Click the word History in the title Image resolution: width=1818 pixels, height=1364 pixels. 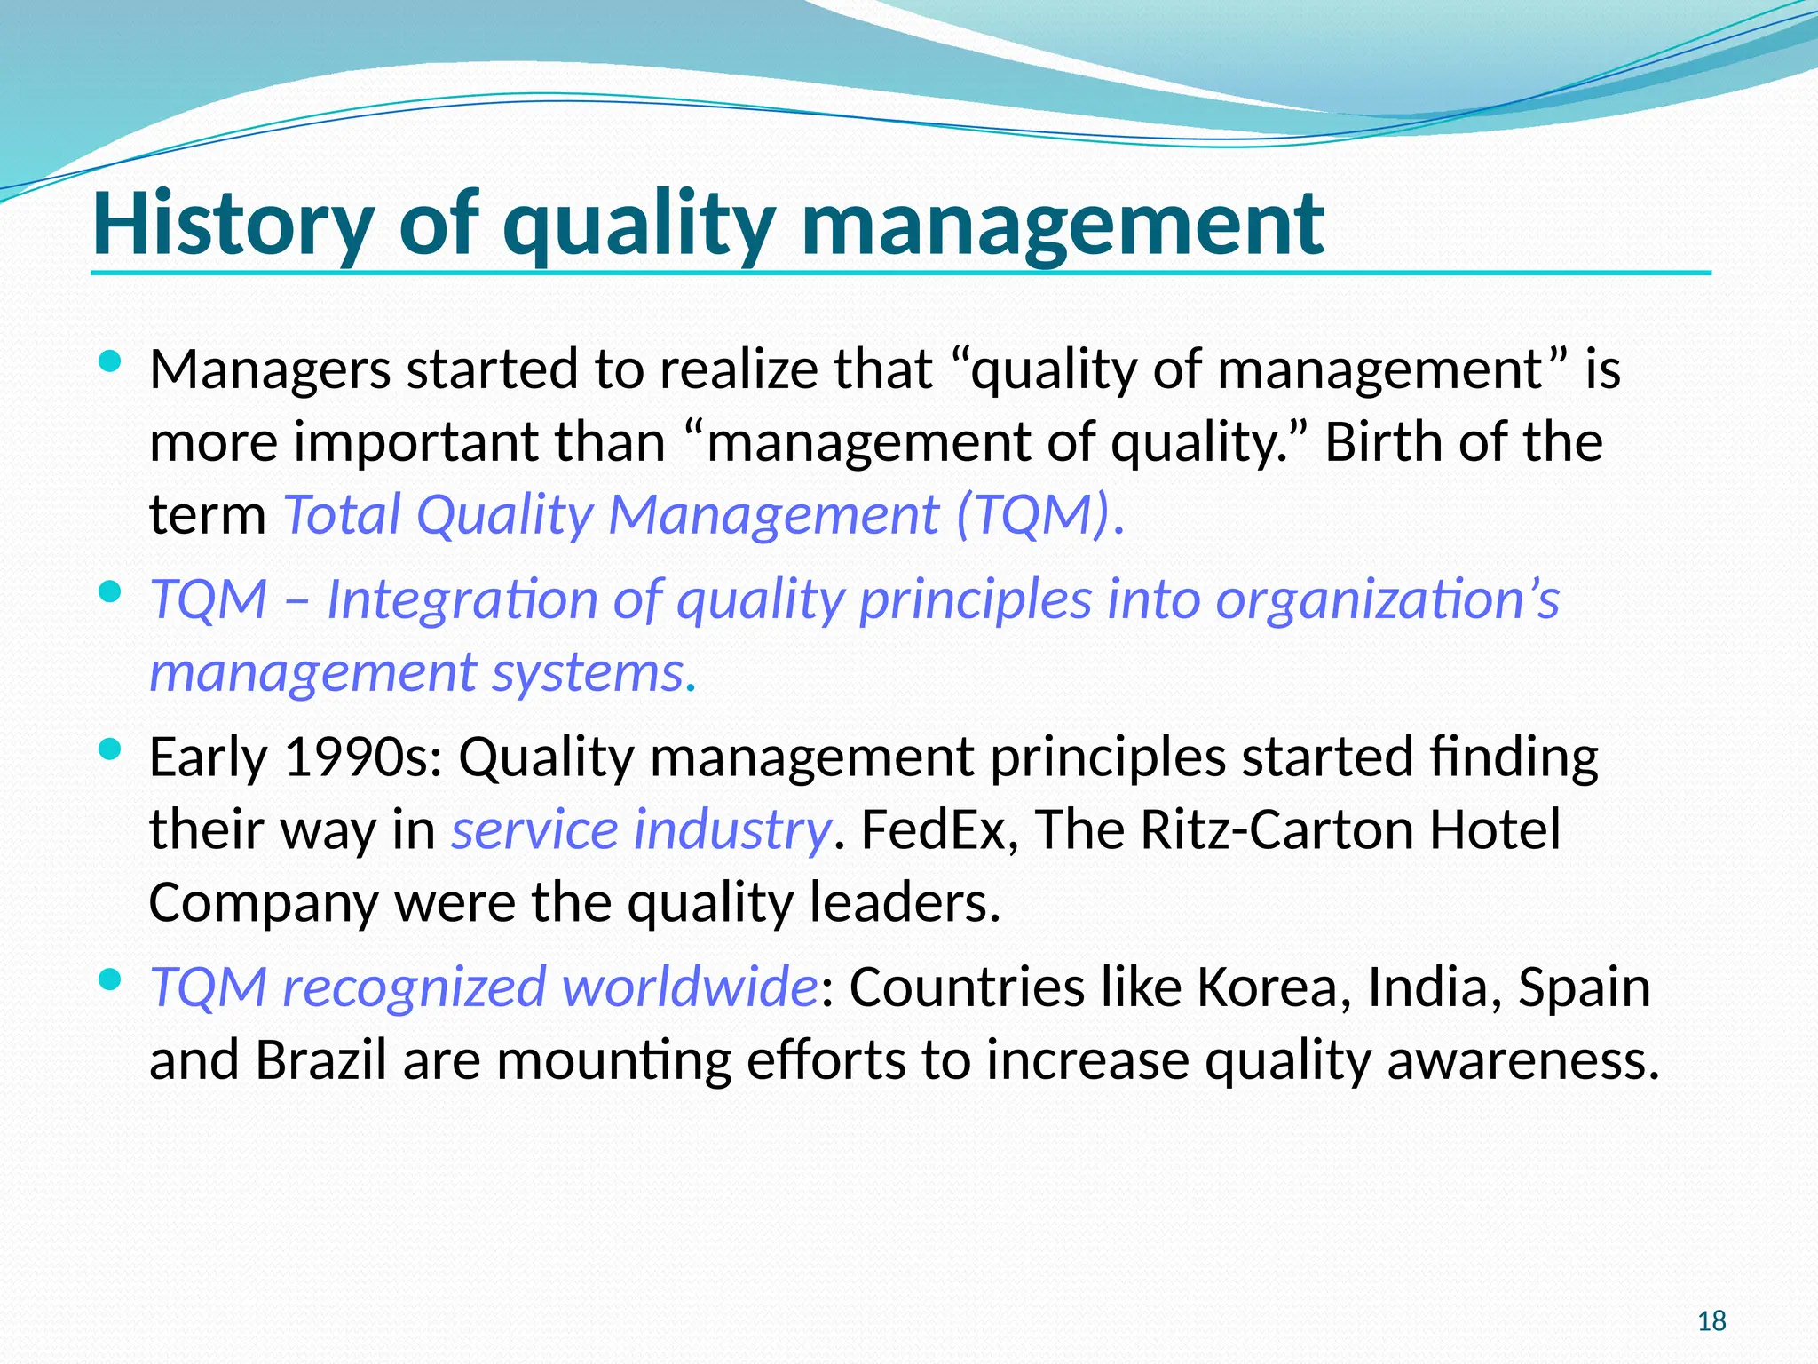coord(233,224)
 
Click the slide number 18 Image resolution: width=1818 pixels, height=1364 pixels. coord(1711,1321)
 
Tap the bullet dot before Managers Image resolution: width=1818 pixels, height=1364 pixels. coord(109,362)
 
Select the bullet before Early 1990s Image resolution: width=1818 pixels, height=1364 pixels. coord(109,750)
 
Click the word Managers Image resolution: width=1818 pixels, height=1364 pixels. coord(269,369)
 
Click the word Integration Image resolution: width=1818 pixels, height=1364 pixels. coord(461,599)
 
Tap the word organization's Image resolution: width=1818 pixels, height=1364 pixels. coord(1387,599)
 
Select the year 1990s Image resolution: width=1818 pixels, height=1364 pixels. coord(361,757)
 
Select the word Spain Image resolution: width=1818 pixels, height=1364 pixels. coord(1584,987)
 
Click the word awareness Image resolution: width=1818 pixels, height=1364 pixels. coord(1522,1060)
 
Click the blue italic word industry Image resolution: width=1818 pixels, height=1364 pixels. coord(731,830)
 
